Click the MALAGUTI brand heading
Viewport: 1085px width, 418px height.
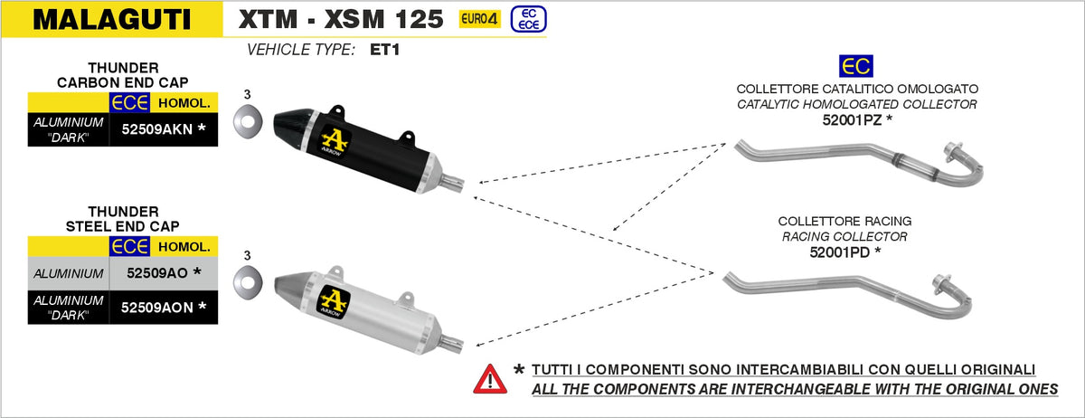click(112, 19)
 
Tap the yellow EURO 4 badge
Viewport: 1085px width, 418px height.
click(479, 19)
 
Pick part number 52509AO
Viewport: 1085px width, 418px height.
click(156, 272)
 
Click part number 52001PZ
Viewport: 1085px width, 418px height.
click(857, 119)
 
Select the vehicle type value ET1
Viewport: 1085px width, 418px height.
click(384, 50)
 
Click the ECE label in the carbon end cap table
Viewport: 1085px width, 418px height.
click(128, 101)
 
